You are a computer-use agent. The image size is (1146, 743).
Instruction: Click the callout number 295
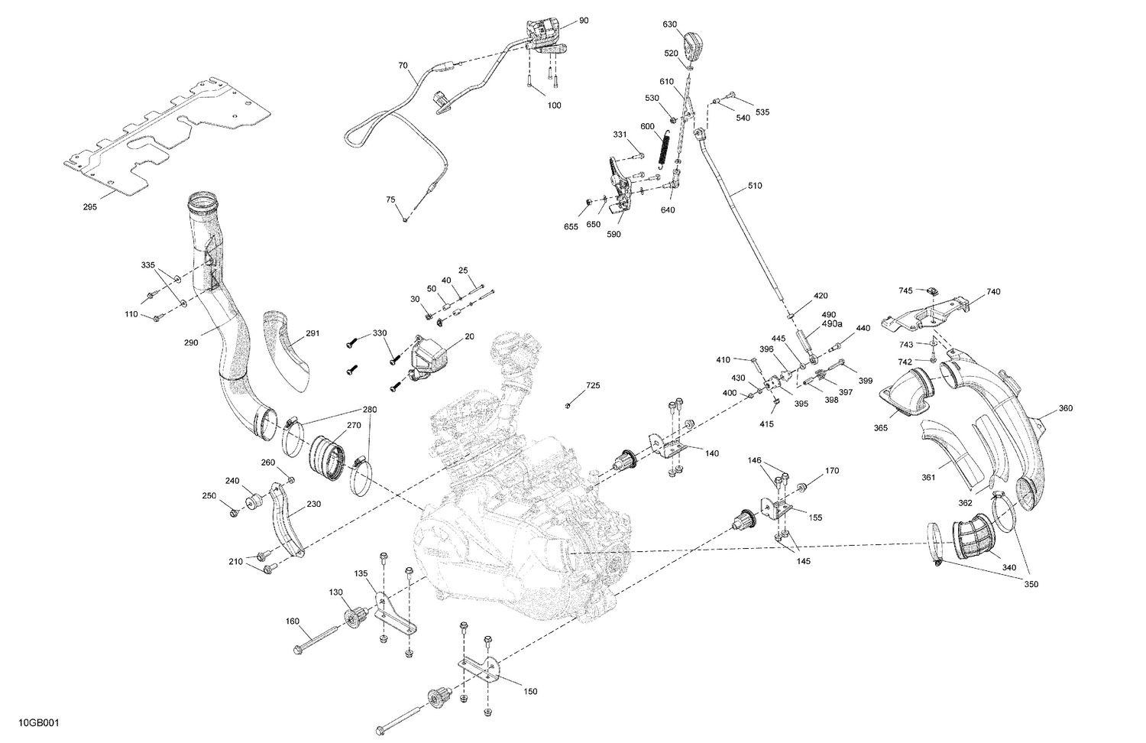(x=89, y=207)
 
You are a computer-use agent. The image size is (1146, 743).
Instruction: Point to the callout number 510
(x=755, y=186)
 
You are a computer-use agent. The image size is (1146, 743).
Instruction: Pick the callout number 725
(x=593, y=386)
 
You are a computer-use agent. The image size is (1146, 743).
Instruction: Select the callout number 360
(x=1065, y=408)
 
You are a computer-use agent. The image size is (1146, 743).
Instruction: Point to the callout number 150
(x=530, y=692)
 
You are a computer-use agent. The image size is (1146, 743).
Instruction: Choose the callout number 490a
(x=831, y=324)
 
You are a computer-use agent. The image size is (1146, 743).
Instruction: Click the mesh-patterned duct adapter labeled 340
(x=972, y=537)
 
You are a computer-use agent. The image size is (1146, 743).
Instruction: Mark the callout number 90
(x=584, y=21)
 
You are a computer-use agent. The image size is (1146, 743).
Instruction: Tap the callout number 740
(x=993, y=291)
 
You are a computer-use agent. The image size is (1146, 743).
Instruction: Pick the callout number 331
(x=620, y=135)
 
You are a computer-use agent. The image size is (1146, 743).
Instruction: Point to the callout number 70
(x=403, y=66)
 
